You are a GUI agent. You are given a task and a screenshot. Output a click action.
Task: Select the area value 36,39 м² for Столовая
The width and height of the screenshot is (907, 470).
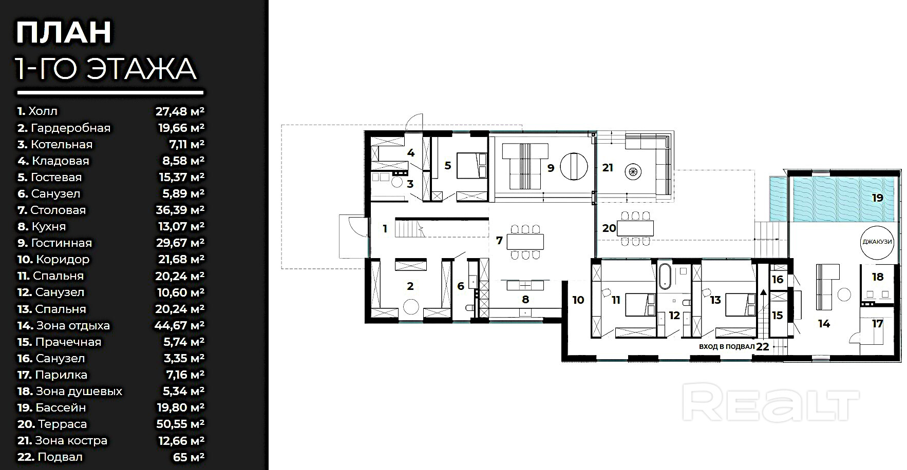[x=180, y=210]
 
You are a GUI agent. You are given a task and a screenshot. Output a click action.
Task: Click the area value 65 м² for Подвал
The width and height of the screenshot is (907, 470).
[x=188, y=457]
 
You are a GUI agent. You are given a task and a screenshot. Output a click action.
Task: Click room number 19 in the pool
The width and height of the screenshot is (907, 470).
[x=877, y=197]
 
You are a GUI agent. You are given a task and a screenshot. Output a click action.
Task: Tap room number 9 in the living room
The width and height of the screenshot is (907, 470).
[x=551, y=167]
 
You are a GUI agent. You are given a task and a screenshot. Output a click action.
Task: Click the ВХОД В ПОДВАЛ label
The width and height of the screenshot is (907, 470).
[x=727, y=346]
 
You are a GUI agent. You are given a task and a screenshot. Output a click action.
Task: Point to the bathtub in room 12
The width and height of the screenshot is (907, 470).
[x=665, y=275]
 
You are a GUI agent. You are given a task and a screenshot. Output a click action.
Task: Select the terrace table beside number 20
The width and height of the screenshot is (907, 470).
[x=636, y=227]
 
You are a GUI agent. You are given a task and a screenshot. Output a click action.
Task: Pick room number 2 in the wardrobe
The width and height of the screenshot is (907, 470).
[x=410, y=286]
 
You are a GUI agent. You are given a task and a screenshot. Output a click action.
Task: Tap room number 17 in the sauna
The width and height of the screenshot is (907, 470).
[x=877, y=324]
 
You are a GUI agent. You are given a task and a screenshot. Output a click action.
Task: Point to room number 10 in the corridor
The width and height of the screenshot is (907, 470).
[x=578, y=300]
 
